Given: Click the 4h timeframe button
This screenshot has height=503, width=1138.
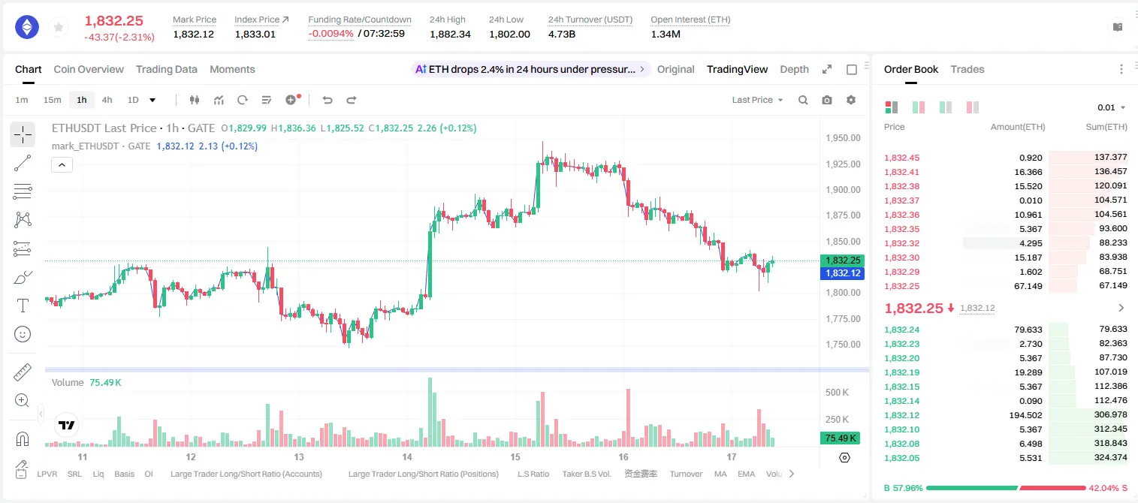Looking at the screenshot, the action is coord(107,100).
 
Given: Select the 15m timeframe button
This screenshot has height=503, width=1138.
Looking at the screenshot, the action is coord(52,100).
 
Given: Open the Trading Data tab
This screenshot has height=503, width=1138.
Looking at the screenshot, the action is coord(166,69).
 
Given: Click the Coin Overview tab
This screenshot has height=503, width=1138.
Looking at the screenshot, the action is coord(89,69).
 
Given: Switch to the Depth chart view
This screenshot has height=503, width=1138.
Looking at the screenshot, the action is coord(794,69).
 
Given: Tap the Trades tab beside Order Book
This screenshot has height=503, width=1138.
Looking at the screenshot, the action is coord(967,69).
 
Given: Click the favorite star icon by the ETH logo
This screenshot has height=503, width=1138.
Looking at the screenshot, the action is coord(59,27).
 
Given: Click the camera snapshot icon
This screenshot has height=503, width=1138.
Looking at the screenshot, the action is coord(827,100).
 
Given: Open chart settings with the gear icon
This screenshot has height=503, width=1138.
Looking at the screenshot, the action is coord(851,100).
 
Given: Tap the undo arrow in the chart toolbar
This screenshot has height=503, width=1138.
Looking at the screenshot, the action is coord(328,100).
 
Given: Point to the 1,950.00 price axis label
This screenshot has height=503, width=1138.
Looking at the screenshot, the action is coord(843,138).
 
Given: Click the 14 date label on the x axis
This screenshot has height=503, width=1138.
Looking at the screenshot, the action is coord(407,456).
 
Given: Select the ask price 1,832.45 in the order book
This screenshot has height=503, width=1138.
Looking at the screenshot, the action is coord(901,158).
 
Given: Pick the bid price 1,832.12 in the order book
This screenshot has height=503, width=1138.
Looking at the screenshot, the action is coord(901,415).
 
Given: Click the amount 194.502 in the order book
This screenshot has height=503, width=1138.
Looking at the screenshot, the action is coord(1025,415).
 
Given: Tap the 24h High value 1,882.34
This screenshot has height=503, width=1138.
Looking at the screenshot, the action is coord(450,34).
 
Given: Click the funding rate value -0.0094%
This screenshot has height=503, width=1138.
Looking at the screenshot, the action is coord(331,34).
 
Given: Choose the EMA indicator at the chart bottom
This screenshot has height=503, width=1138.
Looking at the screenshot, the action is coord(746,474).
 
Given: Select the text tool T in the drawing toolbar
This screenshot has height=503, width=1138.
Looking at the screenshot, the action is coord(23,306).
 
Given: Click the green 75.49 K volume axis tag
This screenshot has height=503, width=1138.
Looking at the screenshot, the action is coord(841,438).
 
